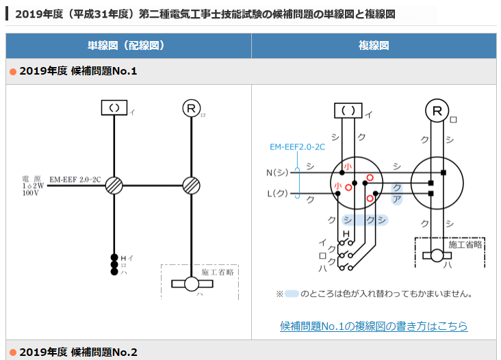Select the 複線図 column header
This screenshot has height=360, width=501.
374,46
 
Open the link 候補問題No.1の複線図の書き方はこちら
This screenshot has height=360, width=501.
374,326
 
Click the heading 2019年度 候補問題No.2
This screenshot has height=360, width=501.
79,352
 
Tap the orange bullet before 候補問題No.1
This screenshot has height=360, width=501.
12,71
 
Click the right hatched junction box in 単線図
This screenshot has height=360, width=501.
190,184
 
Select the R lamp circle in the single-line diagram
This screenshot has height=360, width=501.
190,107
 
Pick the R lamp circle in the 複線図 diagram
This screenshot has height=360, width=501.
436,110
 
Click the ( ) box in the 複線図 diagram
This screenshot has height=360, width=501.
348,110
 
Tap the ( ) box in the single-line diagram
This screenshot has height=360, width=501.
114,107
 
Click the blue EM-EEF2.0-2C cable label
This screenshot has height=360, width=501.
297,147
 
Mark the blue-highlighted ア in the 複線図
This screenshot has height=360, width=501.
396,199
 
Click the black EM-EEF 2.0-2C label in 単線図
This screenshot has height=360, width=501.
75,179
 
